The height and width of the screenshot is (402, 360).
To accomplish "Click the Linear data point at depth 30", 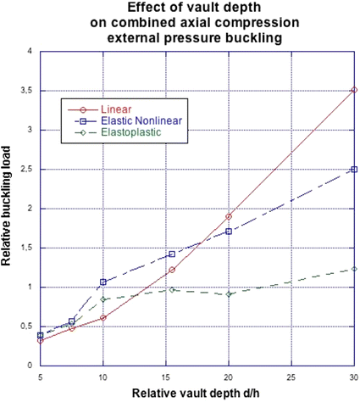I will (x=354, y=89).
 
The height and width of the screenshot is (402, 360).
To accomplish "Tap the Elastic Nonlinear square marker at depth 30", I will (x=354, y=169).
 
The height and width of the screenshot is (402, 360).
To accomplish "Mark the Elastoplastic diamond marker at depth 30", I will (x=354, y=269).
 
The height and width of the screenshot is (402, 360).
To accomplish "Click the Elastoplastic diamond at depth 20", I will (x=229, y=294).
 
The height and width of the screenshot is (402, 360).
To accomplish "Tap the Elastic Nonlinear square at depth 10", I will (x=103, y=282).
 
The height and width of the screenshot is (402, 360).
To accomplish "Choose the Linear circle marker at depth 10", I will (x=103, y=317).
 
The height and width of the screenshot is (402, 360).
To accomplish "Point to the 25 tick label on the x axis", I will (x=291, y=376).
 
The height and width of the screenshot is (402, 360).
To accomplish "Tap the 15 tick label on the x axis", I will (x=166, y=376).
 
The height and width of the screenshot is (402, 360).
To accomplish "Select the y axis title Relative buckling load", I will (x=8, y=209).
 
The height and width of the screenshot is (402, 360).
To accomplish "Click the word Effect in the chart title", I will (x=141, y=8).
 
